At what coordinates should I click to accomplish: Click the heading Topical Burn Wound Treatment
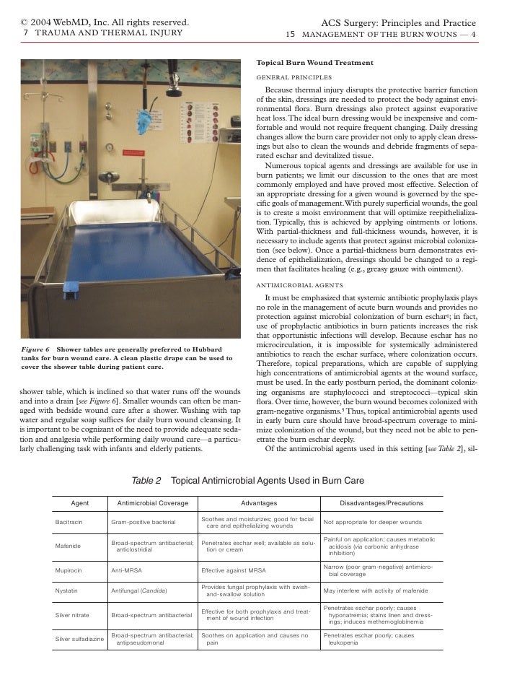coord(314,63)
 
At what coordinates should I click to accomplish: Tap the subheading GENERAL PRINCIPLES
coord(294,77)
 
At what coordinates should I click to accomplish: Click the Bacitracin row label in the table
coord(70,521)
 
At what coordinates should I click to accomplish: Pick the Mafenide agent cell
coord(68,546)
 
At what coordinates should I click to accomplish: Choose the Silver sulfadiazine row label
coord(78,640)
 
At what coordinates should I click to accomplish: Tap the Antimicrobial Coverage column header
coord(151,502)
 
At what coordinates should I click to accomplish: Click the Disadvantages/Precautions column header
coord(381,502)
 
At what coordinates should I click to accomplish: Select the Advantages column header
coord(257,502)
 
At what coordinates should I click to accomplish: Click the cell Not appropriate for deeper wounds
coord(372,521)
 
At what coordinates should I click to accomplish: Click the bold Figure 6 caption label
coord(35,350)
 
